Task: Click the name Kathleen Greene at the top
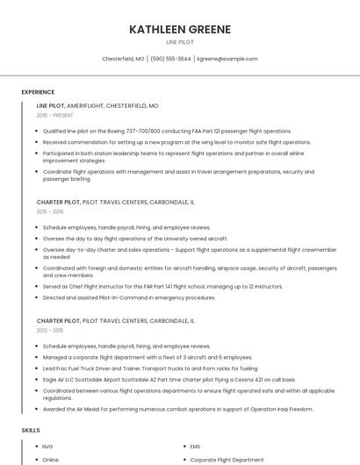click(x=180, y=29)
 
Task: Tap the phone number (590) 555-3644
click(x=170, y=59)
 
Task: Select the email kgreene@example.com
click(x=227, y=59)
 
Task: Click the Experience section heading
click(x=38, y=92)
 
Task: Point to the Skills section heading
click(x=31, y=430)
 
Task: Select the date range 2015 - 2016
click(x=50, y=211)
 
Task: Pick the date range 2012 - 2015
click(x=50, y=331)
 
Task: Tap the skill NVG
click(x=48, y=447)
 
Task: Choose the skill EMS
click(x=195, y=447)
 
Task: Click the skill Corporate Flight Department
click(x=227, y=459)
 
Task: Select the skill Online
click(x=51, y=459)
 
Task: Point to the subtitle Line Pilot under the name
click(x=180, y=41)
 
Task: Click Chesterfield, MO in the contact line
click(x=123, y=59)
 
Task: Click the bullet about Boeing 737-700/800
click(x=166, y=130)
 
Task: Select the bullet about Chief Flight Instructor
click(x=162, y=286)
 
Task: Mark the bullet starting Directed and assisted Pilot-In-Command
click(x=129, y=297)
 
